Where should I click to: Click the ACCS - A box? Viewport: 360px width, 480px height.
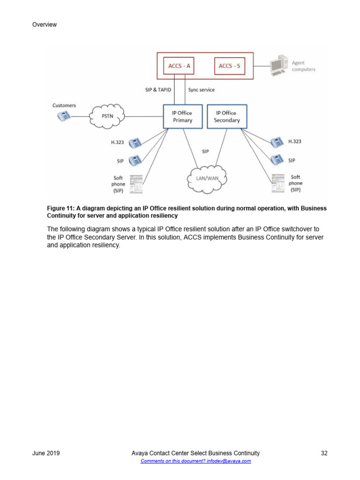[179, 66]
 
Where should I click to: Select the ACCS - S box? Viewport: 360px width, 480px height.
[229, 66]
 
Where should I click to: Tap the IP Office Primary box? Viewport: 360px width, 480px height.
[182, 116]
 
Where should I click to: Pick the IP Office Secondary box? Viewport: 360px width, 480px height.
[227, 116]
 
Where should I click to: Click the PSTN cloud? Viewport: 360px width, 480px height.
[108, 116]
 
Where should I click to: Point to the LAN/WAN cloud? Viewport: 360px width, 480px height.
[207, 178]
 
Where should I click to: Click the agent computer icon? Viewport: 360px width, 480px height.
[279, 66]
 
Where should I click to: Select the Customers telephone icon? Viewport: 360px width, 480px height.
[64, 116]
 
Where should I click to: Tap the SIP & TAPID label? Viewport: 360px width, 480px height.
[158, 90]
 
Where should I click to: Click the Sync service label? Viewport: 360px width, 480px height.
[202, 90]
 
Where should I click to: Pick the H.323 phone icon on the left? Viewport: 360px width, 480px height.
[135, 142]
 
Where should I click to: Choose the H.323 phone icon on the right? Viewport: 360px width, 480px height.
[277, 142]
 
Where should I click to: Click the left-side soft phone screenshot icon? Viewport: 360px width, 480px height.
[136, 184]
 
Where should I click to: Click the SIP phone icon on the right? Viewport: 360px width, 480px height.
[277, 160]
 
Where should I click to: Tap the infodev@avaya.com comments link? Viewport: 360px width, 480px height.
[196, 461]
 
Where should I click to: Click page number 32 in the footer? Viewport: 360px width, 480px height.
[324, 453]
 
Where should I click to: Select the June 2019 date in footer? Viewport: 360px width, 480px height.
[46, 453]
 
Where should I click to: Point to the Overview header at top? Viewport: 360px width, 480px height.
[45, 24]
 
